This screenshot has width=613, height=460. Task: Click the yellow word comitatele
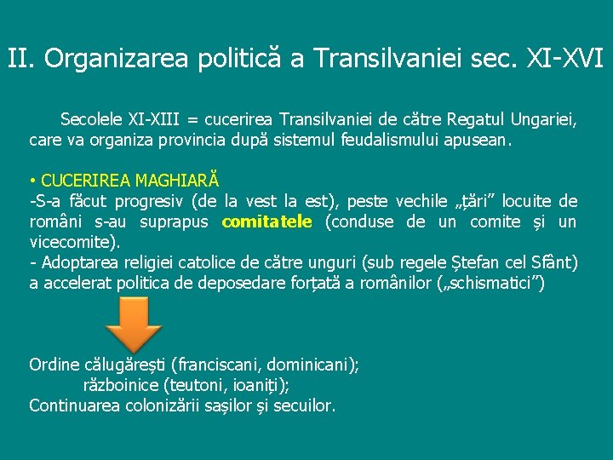click(x=267, y=222)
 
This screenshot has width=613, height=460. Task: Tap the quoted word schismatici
click(x=489, y=283)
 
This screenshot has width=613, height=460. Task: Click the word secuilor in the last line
click(x=302, y=405)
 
